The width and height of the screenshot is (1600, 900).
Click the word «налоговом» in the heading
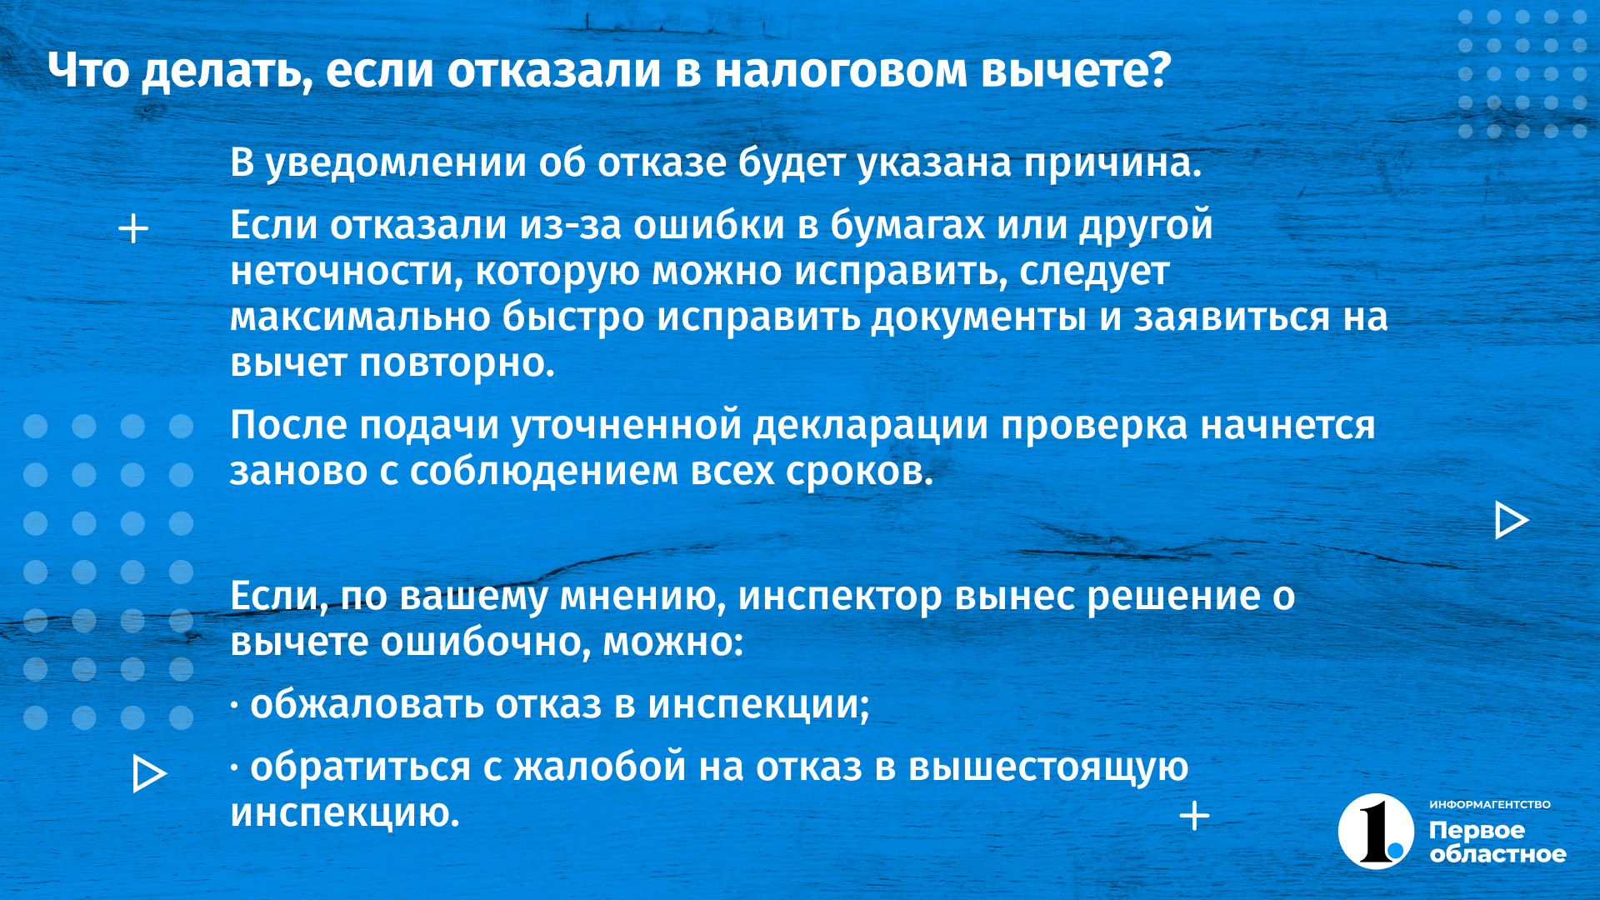click(841, 71)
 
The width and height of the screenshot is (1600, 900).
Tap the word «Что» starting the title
click(88, 71)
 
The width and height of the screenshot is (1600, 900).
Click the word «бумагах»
click(907, 226)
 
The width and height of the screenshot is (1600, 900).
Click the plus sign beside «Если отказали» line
click(133, 229)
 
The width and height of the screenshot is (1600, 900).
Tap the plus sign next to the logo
click(1194, 816)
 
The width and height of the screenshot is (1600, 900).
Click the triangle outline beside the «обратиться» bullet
click(149, 773)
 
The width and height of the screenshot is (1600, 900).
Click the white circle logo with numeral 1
click(1376, 832)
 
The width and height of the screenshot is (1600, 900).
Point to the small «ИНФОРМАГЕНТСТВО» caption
click(1490, 805)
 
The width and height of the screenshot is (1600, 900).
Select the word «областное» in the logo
click(1498, 855)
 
